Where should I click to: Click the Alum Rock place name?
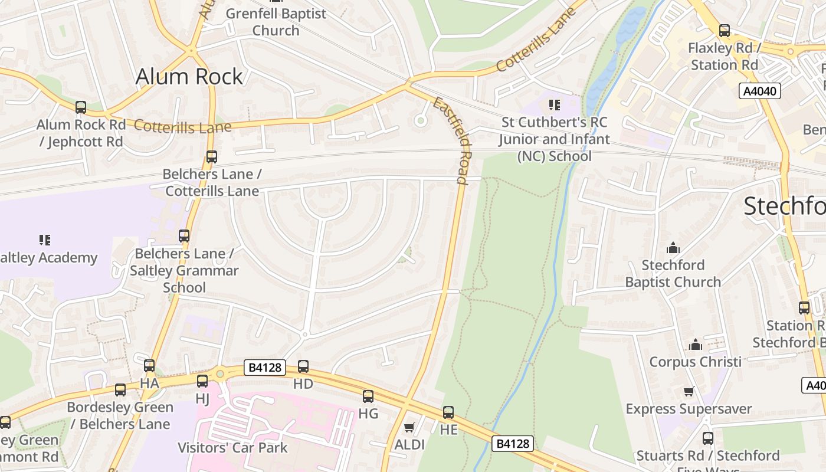click(x=189, y=77)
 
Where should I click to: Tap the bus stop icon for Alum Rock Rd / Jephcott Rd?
click(x=81, y=107)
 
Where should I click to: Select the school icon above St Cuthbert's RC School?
click(x=554, y=105)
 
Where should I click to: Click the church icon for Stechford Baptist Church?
click(x=673, y=248)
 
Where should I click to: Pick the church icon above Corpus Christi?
click(x=696, y=344)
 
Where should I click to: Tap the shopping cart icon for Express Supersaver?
click(x=689, y=391)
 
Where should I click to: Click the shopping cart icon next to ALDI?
click(x=409, y=427)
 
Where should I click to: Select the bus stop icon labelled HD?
click(x=303, y=366)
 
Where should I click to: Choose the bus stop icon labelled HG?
click(x=368, y=396)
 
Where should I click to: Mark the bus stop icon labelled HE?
click(x=448, y=412)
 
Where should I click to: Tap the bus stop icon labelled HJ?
click(x=202, y=381)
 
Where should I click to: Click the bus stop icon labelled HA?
click(x=149, y=366)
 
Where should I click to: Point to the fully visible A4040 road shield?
click(x=760, y=91)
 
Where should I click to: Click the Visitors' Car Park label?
click(x=233, y=447)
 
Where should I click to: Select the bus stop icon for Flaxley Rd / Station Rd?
click(x=725, y=31)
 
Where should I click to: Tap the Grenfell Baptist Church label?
click(x=276, y=22)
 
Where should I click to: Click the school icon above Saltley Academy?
click(x=45, y=240)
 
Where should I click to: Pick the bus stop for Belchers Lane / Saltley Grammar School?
click(x=184, y=236)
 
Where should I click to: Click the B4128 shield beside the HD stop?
click(x=265, y=368)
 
